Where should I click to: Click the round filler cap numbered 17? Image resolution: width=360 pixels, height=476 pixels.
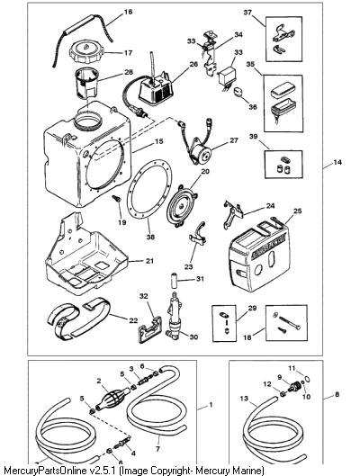85,52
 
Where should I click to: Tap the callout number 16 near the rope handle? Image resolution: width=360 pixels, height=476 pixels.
128,12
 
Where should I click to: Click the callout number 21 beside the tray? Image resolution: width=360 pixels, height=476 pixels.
149,261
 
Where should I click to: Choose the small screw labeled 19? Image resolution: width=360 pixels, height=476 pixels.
116,199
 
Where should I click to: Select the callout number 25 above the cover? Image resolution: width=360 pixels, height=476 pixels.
298,211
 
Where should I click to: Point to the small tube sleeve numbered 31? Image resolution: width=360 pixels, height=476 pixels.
175,282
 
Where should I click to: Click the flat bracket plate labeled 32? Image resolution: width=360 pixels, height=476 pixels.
150,328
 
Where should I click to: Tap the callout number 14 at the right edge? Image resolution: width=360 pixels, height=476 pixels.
337,162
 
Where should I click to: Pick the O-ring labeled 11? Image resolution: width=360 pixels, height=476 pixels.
307,379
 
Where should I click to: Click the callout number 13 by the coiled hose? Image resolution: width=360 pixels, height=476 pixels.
244,399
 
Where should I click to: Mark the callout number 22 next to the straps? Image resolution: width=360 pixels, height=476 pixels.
133,320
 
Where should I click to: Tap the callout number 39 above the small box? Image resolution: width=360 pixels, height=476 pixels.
253,137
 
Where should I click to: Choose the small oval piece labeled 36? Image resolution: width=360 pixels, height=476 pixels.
238,92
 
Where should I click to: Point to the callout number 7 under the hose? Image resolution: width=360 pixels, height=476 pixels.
157,448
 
